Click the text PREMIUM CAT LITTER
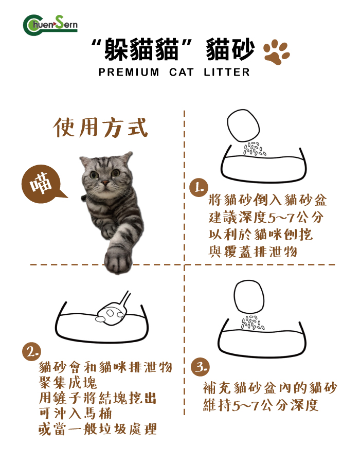point(174,73)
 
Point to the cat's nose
point(104,183)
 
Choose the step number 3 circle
point(200,367)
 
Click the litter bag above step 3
point(251,298)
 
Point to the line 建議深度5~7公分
point(266,217)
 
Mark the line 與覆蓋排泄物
point(253,252)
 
